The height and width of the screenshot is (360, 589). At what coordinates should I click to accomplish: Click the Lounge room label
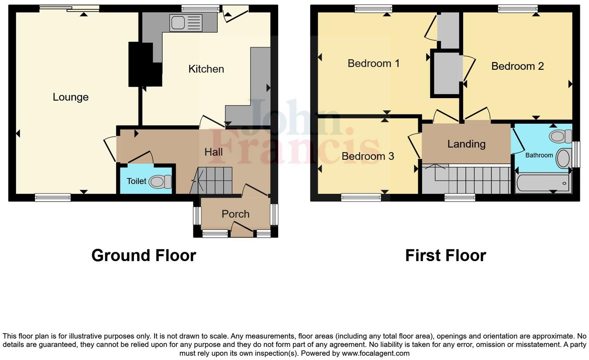tap(71, 97)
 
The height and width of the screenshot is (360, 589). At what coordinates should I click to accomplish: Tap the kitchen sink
tap(186, 22)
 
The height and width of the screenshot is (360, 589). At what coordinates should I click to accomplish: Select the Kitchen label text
tap(206, 69)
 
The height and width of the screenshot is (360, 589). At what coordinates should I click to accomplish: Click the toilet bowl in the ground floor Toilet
tap(160, 182)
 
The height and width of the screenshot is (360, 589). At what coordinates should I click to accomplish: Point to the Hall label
tap(213, 152)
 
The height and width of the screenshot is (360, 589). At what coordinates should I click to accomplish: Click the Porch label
tap(235, 214)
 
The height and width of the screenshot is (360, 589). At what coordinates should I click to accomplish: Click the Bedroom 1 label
tap(373, 63)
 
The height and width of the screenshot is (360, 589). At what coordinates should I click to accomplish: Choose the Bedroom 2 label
tap(517, 66)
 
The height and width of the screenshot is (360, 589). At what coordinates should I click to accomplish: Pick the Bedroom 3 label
tap(367, 156)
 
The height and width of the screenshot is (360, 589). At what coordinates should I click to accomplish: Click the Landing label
tap(466, 144)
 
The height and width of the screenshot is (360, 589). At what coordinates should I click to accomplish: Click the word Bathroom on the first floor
tap(539, 155)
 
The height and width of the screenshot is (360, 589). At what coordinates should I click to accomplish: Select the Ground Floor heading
tap(143, 256)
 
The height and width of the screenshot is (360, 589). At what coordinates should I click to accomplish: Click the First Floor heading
tap(445, 256)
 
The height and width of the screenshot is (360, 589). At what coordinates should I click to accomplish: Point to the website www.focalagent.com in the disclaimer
tap(375, 353)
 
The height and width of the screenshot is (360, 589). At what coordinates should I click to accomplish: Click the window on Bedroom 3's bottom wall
tap(361, 197)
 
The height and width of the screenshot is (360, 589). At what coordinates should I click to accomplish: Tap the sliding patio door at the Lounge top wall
tap(69, 8)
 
